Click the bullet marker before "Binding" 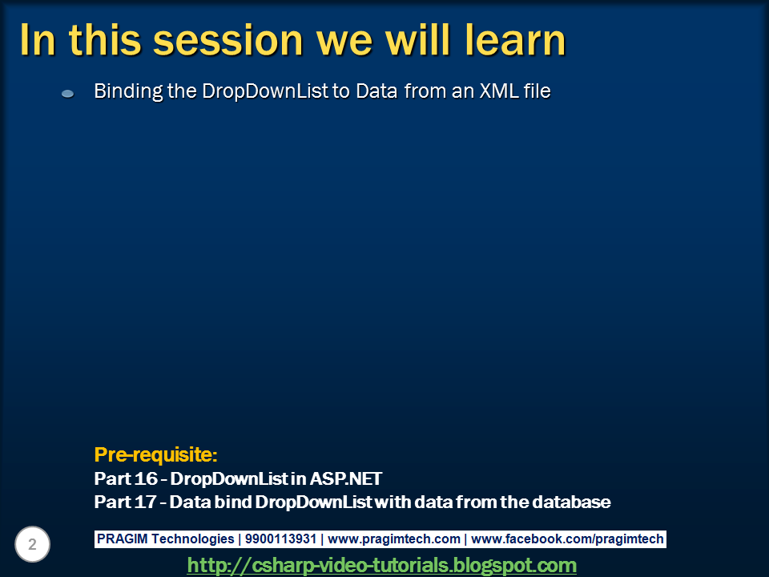(x=68, y=94)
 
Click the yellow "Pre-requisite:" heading (x=155, y=455)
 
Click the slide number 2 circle (x=32, y=545)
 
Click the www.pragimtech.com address (x=394, y=539)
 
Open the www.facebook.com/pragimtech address (x=567, y=539)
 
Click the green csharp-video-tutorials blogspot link (x=381, y=565)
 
